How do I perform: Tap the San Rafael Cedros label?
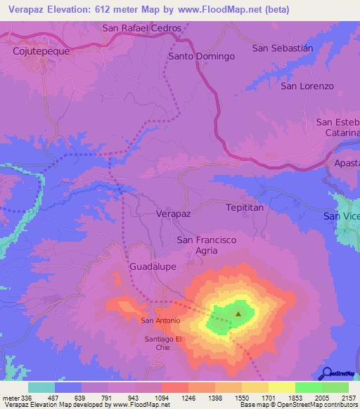[142, 28]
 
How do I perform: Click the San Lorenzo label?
[307, 86]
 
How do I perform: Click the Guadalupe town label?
[153, 267]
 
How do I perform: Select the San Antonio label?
[161, 320]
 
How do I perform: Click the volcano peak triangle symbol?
[238, 314]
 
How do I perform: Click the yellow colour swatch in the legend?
[282, 387]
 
